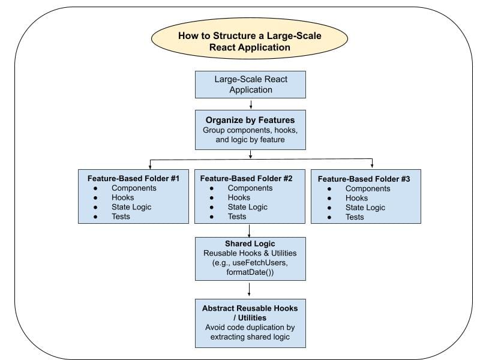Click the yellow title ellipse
pyautogui.click(x=250, y=41)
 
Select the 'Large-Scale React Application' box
pyautogui.click(x=250, y=85)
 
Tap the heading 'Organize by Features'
pyautogui.click(x=250, y=120)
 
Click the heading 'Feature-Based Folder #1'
pyautogui.click(x=133, y=178)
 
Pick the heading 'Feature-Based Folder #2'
pyautogui.click(x=246, y=178)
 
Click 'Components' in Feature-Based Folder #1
pyautogui.click(x=134, y=188)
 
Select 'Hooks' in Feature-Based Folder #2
pyautogui.click(x=239, y=197)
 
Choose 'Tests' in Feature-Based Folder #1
pyautogui.click(x=121, y=217)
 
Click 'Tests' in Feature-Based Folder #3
pyautogui.click(x=355, y=217)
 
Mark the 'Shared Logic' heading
pyautogui.click(x=250, y=244)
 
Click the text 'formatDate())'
pyautogui.click(x=250, y=272)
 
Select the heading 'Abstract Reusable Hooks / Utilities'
pyautogui.click(x=250, y=312)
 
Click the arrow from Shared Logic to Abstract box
pyautogui.click(x=250, y=289)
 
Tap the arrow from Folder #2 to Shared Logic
pyautogui.click(x=250, y=230)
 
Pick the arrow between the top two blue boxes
pyautogui.click(x=250, y=104)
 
